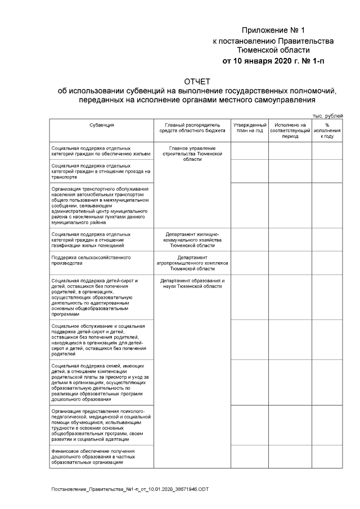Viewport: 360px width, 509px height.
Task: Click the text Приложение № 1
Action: pyautogui.click(x=273, y=30)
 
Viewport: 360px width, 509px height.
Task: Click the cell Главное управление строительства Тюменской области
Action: pyautogui.click(x=192, y=153)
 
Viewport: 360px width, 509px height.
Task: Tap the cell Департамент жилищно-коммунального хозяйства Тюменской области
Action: pyautogui.click(x=192, y=240)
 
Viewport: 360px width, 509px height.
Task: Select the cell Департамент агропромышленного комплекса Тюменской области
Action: pyautogui.click(x=192, y=263)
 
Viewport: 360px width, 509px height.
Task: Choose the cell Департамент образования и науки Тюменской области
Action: pyautogui.click(x=192, y=283)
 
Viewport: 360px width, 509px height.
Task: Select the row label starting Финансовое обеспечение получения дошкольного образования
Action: pyautogui.click(x=93, y=457)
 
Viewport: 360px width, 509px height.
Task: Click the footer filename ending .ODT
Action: pyautogui.click(x=129, y=490)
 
